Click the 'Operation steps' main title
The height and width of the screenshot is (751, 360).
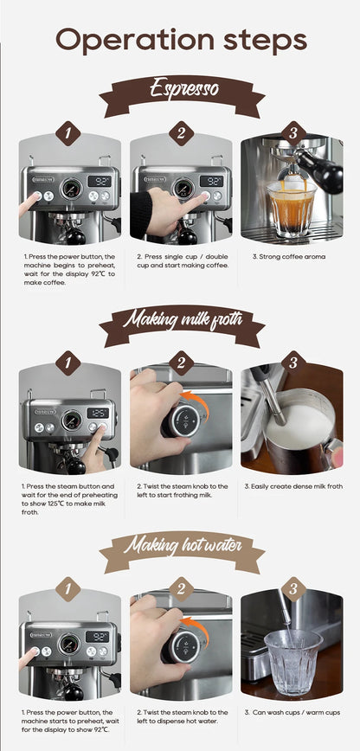coord(180,40)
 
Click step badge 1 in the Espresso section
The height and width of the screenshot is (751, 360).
coord(68,133)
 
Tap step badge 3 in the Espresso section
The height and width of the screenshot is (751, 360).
coord(292,133)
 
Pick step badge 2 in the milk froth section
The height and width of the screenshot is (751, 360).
coord(180,363)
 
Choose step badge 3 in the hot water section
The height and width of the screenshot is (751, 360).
coord(292,590)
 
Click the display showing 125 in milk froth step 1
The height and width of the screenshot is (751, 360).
coord(98,413)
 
